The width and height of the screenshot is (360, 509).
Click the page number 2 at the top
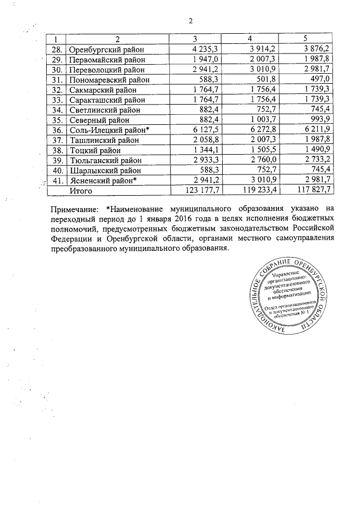tap(190, 21)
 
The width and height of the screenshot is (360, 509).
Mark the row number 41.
tap(57, 181)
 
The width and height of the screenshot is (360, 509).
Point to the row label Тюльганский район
tap(107, 161)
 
